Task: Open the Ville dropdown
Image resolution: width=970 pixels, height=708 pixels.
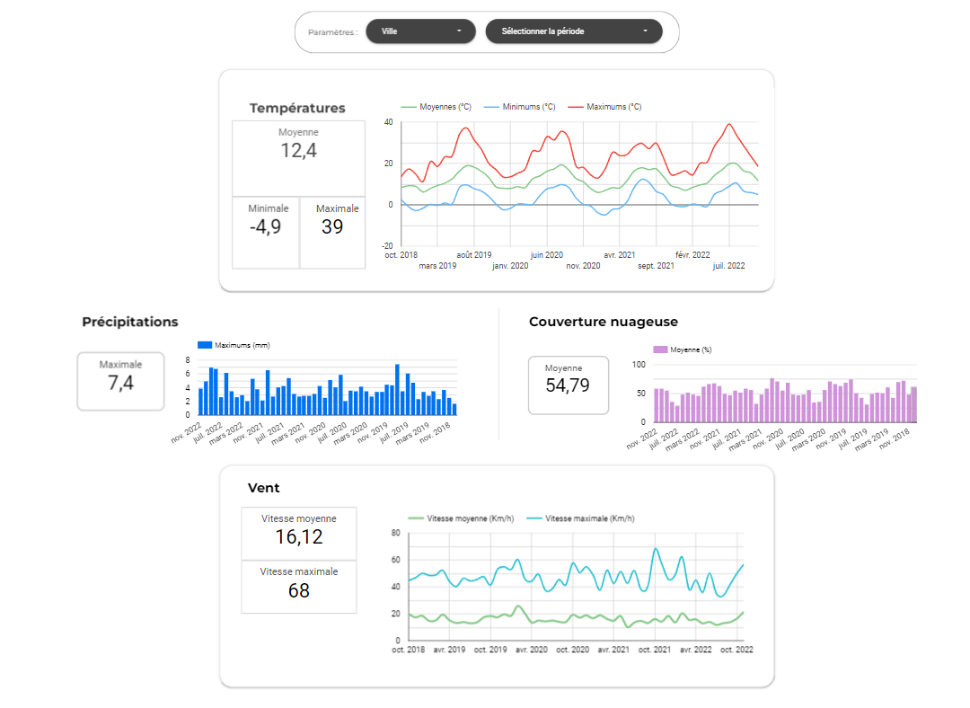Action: [x=420, y=31]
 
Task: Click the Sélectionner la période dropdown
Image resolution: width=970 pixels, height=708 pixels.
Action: [x=573, y=31]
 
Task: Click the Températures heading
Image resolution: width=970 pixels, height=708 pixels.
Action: [x=297, y=108]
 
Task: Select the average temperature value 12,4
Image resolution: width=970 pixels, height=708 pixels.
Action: [x=298, y=150]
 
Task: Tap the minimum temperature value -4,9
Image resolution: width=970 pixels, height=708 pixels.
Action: [x=265, y=227]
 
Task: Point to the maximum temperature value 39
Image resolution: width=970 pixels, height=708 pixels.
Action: [x=332, y=227]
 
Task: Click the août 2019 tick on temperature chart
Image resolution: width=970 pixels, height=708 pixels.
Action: [x=473, y=254]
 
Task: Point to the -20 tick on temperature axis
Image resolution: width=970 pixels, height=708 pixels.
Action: [x=387, y=245]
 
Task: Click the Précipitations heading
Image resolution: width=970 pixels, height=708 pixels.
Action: [x=130, y=322]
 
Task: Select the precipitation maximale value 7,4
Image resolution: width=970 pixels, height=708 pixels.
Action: [x=120, y=384]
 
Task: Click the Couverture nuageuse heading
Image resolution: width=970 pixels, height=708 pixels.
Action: [x=604, y=322]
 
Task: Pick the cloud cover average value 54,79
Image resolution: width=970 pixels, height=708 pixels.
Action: [x=568, y=386]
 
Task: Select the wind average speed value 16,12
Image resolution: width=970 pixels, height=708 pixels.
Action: [x=298, y=537]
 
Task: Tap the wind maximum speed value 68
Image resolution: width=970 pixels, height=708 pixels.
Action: [x=298, y=590]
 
